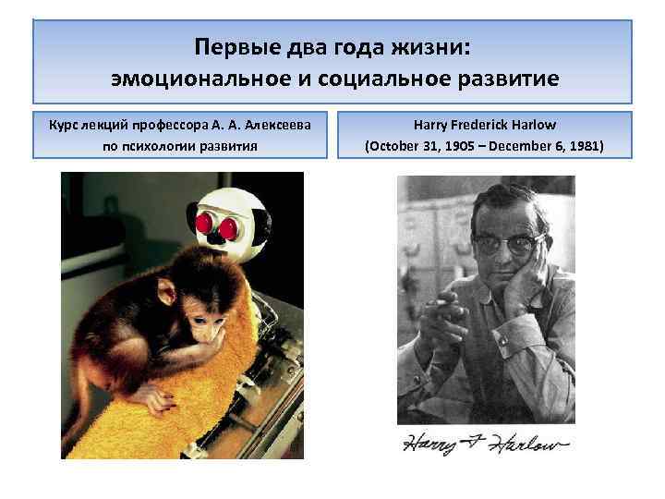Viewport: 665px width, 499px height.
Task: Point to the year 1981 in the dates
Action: [x=581, y=146]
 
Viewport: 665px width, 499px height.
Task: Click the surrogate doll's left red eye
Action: [x=206, y=222]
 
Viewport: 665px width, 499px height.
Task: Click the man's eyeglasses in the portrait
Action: [x=506, y=243]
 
